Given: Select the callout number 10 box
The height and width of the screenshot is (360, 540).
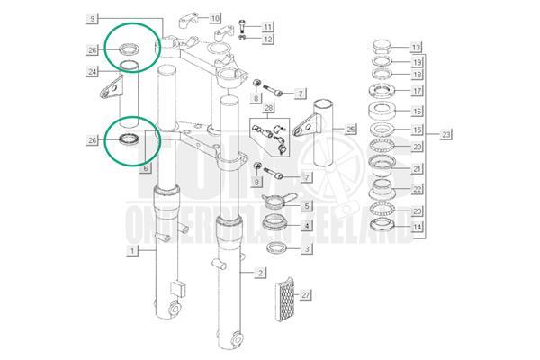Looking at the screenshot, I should [213, 18].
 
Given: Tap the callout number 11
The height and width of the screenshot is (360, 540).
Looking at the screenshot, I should [268, 26].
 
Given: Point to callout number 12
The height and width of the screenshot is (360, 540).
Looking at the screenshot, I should [268, 39].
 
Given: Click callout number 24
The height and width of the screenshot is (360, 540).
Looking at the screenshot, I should [93, 71].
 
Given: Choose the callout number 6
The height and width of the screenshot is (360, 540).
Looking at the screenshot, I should [147, 168].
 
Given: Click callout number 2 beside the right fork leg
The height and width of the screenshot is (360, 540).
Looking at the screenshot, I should [259, 272].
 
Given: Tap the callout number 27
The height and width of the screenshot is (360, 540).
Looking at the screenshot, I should [306, 293].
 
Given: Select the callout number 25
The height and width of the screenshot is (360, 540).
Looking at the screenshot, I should [350, 129].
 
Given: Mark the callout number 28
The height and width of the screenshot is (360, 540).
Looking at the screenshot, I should [267, 108].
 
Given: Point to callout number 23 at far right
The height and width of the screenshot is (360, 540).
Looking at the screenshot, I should [447, 135].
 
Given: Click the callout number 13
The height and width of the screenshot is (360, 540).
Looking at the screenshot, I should [416, 46].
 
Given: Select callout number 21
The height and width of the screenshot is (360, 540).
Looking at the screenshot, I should [416, 168].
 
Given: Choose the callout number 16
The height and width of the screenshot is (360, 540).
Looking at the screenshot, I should [416, 112].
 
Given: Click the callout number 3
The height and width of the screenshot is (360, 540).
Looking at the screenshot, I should [306, 248].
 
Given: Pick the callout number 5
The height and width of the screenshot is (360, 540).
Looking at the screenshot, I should [306, 206].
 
